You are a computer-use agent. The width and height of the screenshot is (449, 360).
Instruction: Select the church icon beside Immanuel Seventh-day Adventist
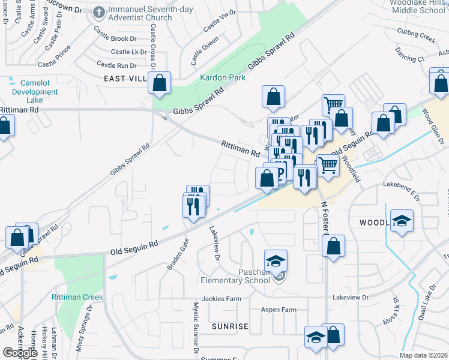tap(99, 12)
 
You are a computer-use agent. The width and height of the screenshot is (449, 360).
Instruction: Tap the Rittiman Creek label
tap(77, 297)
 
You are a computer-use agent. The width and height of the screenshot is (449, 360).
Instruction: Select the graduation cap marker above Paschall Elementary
tap(276, 261)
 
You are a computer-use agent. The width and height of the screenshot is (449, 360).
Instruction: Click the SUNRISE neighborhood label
tap(229, 326)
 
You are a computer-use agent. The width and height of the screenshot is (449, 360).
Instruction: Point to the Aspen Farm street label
tap(279, 310)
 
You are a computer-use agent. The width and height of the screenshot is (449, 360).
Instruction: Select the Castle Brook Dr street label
tap(119, 38)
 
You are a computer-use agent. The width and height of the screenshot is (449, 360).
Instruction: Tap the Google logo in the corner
tap(20, 353)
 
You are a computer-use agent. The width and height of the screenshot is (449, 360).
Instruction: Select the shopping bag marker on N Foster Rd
tap(333, 245)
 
